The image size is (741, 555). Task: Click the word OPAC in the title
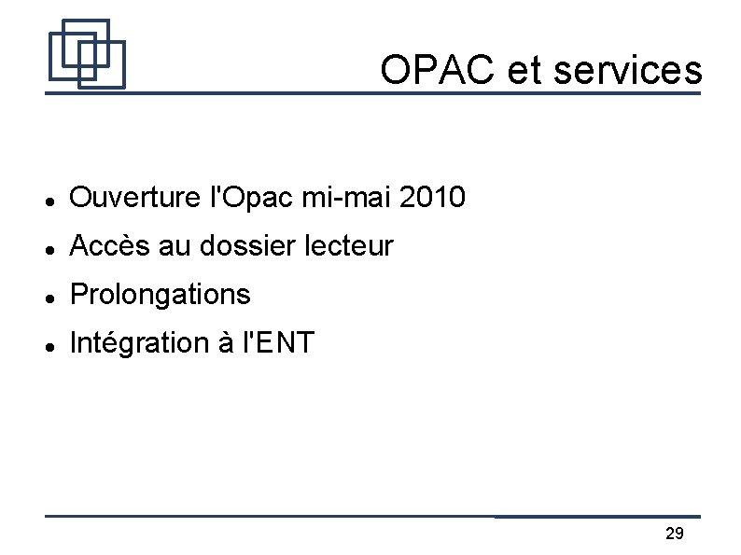pyautogui.click(x=437, y=69)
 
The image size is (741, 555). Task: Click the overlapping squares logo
pyautogui.click(x=87, y=53)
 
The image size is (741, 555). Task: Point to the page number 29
pyautogui.click(x=674, y=534)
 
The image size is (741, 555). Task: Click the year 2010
pyautogui.click(x=430, y=198)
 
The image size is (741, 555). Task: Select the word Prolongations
pyautogui.click(x=161, y=296)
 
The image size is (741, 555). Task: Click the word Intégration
pyautogui.click(x=140, y=344)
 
